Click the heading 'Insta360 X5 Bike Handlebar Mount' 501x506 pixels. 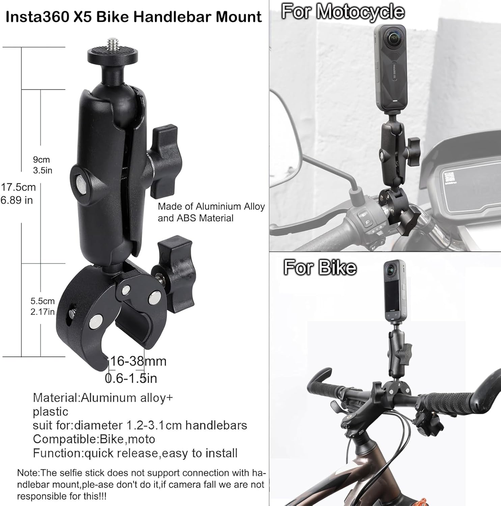coord(134,17)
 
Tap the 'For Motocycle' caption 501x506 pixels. coord(343,11)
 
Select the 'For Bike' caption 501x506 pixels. coord(320,267)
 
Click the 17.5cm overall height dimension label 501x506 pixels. coord(18,194)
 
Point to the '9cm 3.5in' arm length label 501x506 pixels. coord(43,165)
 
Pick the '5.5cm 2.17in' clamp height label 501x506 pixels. coord(43,306)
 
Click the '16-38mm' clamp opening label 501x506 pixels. coord(138,361)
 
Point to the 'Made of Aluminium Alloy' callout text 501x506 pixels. coord(211,206)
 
